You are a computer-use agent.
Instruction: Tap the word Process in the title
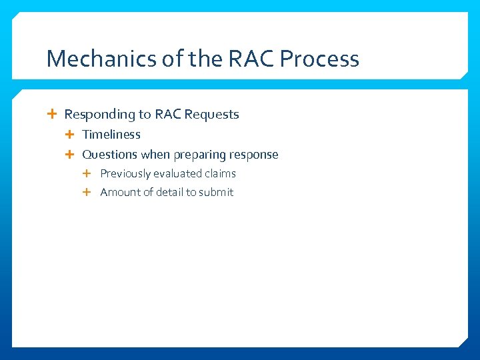[319, 59]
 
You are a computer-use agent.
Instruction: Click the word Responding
[99, 115]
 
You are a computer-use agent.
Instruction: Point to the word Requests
[211, 115]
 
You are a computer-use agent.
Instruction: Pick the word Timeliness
[111, 135]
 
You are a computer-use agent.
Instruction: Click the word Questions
[109, 155]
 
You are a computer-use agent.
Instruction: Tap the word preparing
[199, 155]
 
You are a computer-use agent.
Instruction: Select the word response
[253, 155]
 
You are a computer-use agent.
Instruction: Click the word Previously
[125, 173]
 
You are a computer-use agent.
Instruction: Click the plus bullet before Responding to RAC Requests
[53, 115]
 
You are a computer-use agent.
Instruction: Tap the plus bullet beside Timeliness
[71, 135]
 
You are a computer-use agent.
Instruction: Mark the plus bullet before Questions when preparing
[71, 155]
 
